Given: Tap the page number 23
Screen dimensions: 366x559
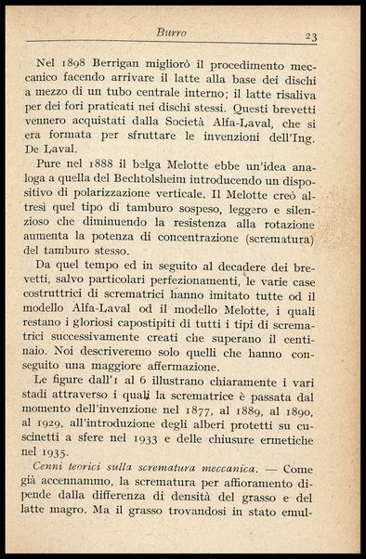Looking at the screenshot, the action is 311,35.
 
